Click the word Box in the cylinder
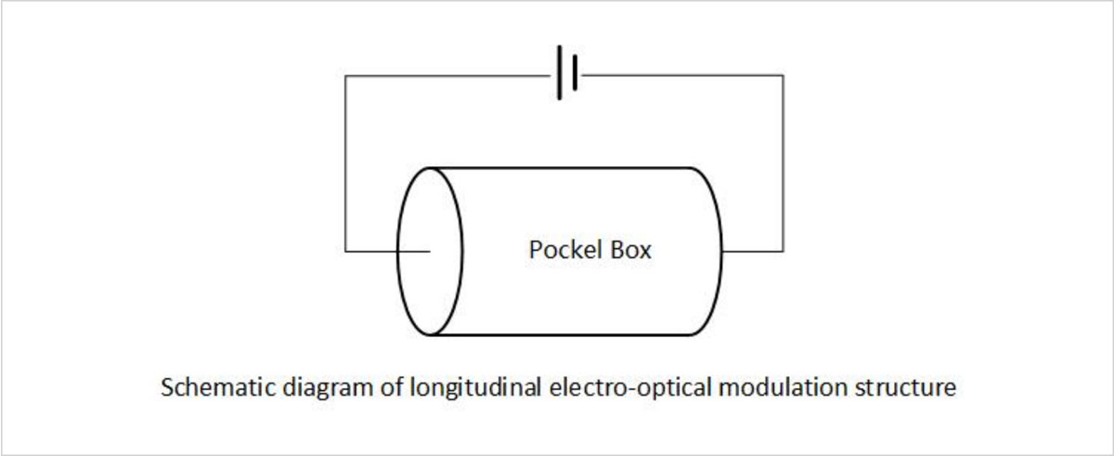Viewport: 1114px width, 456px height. point(630,250)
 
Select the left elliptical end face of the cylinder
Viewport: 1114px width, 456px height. point(429,251)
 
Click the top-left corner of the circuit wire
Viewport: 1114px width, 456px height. point(345,76)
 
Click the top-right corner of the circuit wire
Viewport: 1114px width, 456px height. point(783,76)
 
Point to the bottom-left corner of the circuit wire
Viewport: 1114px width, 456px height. point(345,251)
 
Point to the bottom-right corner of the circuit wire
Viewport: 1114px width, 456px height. point(783,251)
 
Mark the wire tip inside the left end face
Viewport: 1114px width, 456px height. point(430,251)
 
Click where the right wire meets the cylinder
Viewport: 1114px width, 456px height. point(723,251)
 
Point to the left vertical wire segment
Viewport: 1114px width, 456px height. point(345,163)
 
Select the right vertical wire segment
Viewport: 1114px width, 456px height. point(783,163)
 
